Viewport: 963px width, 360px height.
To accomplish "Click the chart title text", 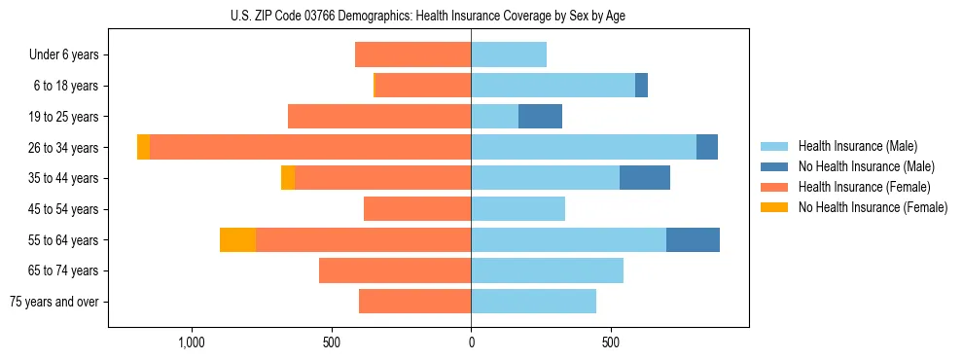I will point(428,16).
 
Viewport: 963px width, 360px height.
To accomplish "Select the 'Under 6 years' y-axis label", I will point(64,54).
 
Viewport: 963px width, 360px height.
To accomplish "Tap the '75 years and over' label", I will point(54,302).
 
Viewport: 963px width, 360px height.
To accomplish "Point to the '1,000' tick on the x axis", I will point(192,343).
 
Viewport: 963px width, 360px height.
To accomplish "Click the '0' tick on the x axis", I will point(471,343).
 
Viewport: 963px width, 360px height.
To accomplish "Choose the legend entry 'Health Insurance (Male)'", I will point(857,146).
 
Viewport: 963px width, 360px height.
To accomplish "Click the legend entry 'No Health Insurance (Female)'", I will point(873,207).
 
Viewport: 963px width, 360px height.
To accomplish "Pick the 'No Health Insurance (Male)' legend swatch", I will point(774,166).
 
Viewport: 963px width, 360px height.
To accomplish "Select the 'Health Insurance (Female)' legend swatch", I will point(774,187).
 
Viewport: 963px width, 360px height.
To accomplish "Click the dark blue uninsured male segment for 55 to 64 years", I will point(693,239).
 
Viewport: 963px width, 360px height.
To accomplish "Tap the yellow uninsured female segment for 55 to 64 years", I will point(237,239).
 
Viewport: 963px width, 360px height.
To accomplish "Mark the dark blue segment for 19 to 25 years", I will point(540,117).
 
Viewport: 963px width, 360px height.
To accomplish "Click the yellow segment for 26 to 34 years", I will point(143,147).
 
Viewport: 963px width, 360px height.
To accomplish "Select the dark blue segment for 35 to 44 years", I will point(645,178).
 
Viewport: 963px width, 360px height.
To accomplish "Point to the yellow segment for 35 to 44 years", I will point(288,178).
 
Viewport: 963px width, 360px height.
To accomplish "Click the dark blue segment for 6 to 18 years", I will point(641,86).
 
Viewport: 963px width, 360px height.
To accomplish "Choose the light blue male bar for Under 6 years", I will point(509,54).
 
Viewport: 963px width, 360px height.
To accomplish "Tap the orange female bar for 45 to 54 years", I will point(417,209).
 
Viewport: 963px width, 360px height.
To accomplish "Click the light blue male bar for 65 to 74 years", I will point(547,270).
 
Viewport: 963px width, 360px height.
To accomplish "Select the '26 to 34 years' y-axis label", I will point(64,147).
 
